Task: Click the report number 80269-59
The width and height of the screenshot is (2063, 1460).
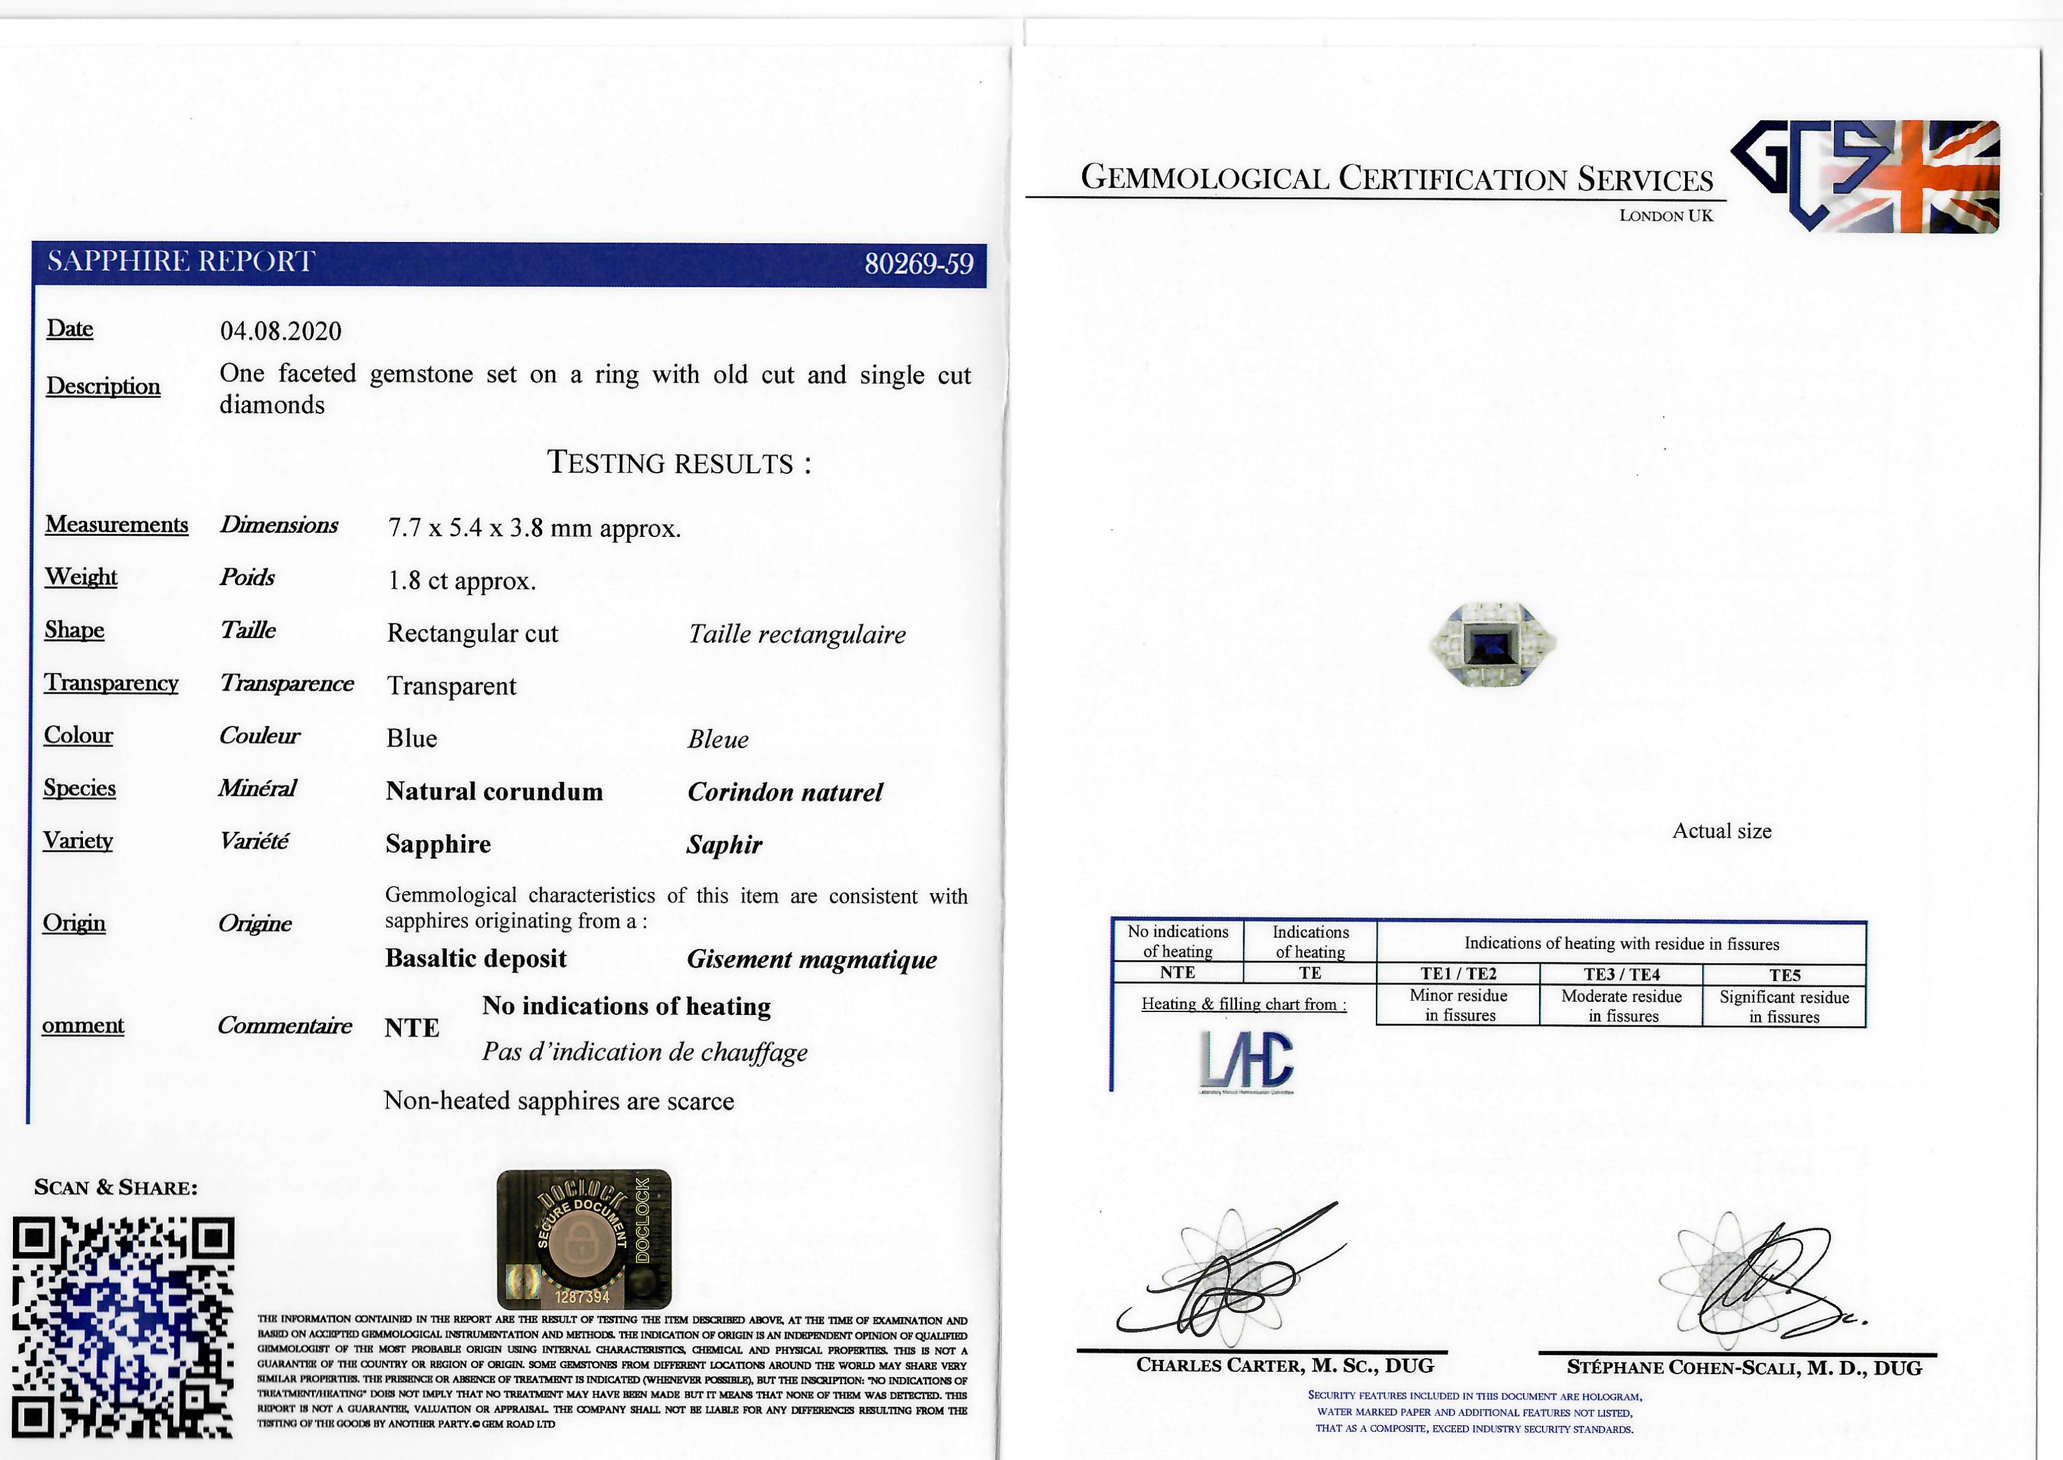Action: point(918,263)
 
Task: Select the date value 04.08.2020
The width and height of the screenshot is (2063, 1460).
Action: point(280,331)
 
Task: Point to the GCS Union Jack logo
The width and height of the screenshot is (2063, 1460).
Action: point(1865,176)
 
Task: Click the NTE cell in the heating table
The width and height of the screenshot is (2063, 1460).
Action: point(1177,973)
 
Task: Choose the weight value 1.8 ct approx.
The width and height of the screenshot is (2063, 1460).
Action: point(461,581)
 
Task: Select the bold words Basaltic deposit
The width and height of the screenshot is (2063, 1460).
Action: point(476,958)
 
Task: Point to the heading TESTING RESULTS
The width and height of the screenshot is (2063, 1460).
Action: point(679,463)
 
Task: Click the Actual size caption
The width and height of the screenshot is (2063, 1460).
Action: point(1722,831)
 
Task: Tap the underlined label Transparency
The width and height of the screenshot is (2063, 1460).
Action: point(111,683)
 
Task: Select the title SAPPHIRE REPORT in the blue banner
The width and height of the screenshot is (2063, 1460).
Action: point(181,261)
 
